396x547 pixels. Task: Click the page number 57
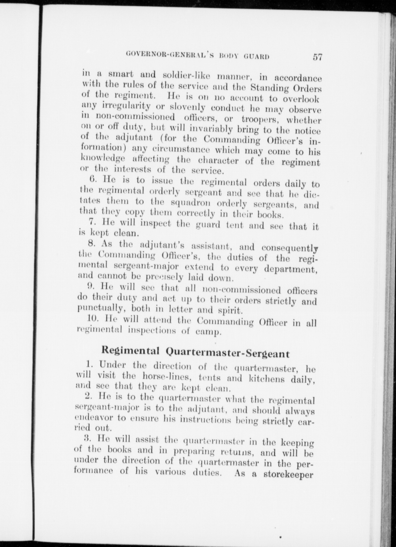tap(317, 57)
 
